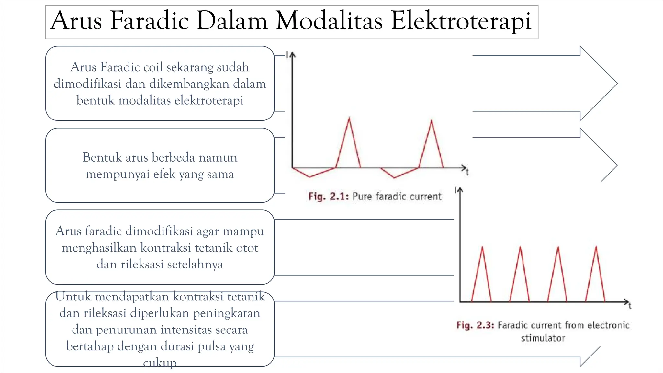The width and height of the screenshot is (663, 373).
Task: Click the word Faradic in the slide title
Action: [x=149, y=21]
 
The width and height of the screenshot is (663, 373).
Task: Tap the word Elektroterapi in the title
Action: [x=461, y=21]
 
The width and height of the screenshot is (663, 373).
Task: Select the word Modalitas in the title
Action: [x=329, y=21]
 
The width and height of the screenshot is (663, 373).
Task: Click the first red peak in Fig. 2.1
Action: [x=349, y=119]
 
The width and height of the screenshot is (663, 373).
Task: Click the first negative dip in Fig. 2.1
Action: [x=309, y=176]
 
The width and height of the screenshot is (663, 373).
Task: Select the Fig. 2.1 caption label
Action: [x=328, y=197]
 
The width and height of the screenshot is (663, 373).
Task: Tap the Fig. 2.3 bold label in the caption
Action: [x=475, y=325]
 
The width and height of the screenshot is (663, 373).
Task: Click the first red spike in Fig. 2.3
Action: [x=482, y=248]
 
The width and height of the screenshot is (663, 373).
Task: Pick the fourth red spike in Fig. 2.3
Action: [x=596, y=248]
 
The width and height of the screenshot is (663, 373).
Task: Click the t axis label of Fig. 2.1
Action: [x=467, y=173]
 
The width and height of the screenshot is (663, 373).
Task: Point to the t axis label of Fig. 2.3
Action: [x=630, y=306]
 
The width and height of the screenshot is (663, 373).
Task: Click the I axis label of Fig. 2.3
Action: [x=455, y=190]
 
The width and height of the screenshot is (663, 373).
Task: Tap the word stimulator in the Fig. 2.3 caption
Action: [x=543, y=338]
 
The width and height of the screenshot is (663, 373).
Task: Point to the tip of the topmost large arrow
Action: [x=617, y=83]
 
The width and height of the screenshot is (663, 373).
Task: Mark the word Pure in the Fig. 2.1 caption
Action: [x=362, y=197]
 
